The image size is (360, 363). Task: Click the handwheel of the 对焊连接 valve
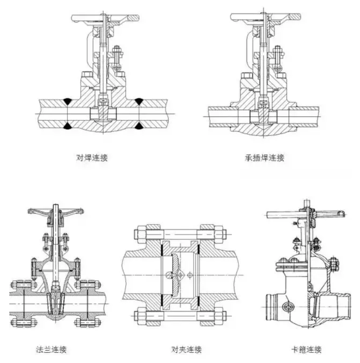[105, 19]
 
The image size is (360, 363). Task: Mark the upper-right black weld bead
[139, 101]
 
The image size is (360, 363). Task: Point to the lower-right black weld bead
[139, 126]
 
